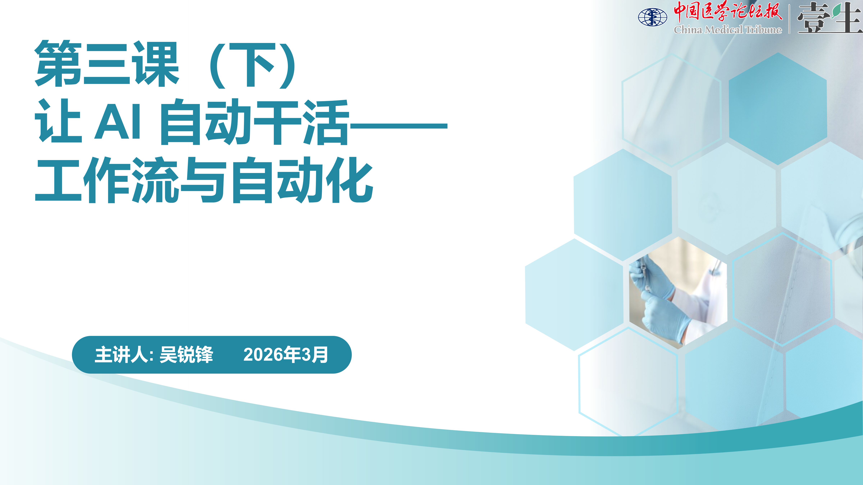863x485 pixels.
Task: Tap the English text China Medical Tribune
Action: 728,30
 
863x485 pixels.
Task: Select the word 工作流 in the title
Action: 107,180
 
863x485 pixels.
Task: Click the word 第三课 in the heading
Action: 107,64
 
